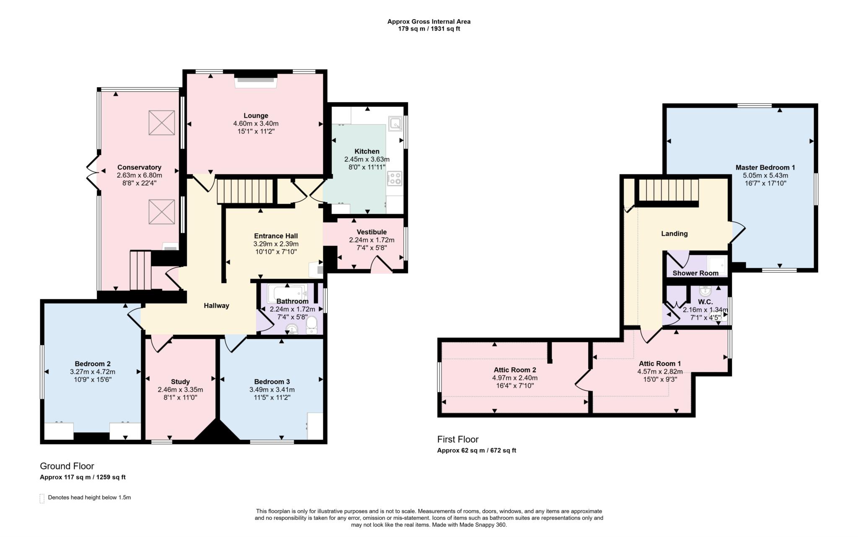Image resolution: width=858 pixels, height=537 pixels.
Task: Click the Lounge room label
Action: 256,116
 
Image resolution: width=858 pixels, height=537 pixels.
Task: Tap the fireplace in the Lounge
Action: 256,80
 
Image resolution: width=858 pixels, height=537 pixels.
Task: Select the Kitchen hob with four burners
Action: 395,178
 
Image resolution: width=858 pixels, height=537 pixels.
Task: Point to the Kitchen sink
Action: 395,123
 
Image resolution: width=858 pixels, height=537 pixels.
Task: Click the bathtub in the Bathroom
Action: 287,294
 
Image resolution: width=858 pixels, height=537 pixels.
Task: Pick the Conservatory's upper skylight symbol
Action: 162,123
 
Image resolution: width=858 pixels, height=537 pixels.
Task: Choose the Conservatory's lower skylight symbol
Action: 162,212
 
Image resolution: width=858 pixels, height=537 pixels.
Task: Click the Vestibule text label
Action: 372,232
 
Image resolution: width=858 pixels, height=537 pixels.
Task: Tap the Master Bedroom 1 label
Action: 765,168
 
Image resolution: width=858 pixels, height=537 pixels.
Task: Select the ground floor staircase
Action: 245,191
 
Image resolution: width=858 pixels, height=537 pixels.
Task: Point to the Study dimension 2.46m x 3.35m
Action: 180,390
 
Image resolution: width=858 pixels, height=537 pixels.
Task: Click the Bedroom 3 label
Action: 272,382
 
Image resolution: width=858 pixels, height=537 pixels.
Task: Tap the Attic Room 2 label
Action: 515,370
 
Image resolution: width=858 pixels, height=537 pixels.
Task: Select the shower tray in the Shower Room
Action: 717,264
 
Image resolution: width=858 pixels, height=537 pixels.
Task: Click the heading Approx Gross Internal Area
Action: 429,22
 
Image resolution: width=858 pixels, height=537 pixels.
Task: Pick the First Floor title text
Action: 458,439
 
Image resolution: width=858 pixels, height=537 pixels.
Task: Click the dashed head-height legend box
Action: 42,498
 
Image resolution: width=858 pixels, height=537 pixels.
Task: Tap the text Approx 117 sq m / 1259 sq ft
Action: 83,477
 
